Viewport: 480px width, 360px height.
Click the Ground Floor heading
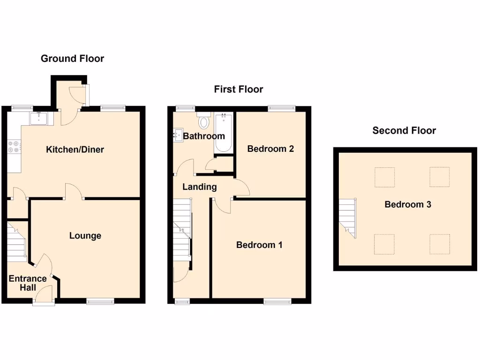tap(72, 59)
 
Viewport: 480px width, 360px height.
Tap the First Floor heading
tap(239, 89)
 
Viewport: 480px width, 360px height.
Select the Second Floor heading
tap(404, 131)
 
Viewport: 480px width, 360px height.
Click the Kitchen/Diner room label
tap(75, 150)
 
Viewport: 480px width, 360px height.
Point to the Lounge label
tap(85, 235)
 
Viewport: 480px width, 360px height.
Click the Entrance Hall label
tap(28, 283)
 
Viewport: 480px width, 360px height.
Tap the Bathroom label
tap(204, 136)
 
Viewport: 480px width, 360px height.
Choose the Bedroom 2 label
tap(270, 149)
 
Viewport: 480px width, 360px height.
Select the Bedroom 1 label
tap(259, 245)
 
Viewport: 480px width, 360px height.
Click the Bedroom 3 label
tap(408, 204)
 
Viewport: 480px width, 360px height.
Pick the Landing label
tap(199, 187)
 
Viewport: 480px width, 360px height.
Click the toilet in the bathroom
tap(204, 122)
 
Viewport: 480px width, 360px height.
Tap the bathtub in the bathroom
tap(224, 134)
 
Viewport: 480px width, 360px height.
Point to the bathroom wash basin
tap(178, 135)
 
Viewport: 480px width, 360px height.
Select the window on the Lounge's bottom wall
tap(100, 301)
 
